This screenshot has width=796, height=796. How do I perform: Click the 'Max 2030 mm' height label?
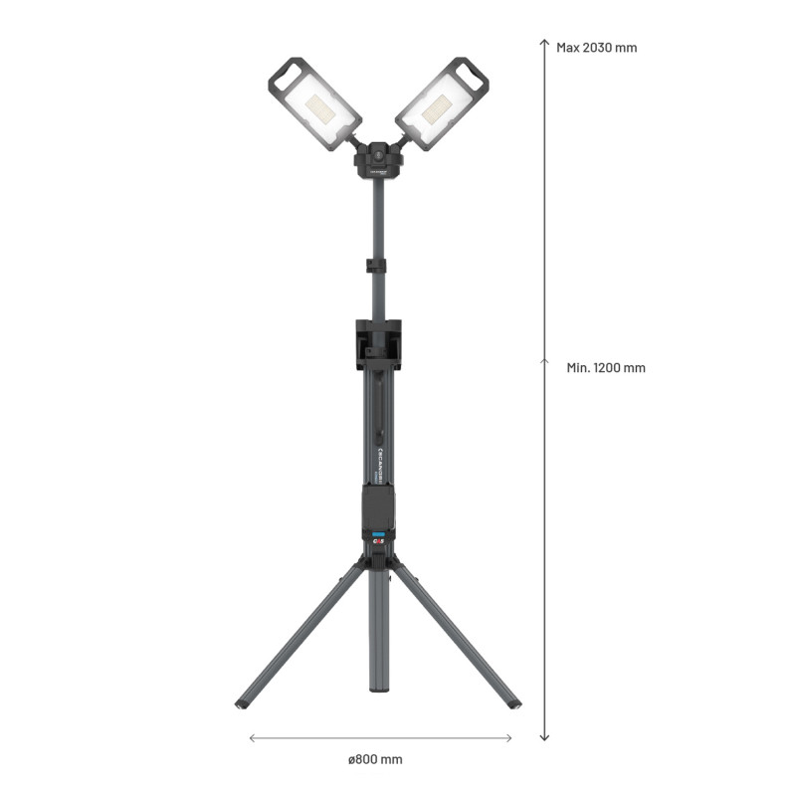(x=596, y=47)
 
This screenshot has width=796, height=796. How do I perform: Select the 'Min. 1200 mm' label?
(x=606, y=367)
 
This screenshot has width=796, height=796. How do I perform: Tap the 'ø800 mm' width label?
(x=375, y=759)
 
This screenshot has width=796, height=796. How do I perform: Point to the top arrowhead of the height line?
(x=544, y=42)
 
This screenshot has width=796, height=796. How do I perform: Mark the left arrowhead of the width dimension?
(x=252, y=737)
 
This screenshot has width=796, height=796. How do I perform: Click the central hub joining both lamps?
(x=377, y=159)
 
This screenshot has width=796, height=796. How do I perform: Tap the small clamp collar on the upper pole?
(x=375, y=266)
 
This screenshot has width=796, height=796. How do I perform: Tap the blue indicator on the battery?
(x=378, y=535)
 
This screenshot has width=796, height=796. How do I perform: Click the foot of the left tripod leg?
(x=242, y=704)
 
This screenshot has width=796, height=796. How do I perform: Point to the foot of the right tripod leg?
(x=513, y=704)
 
